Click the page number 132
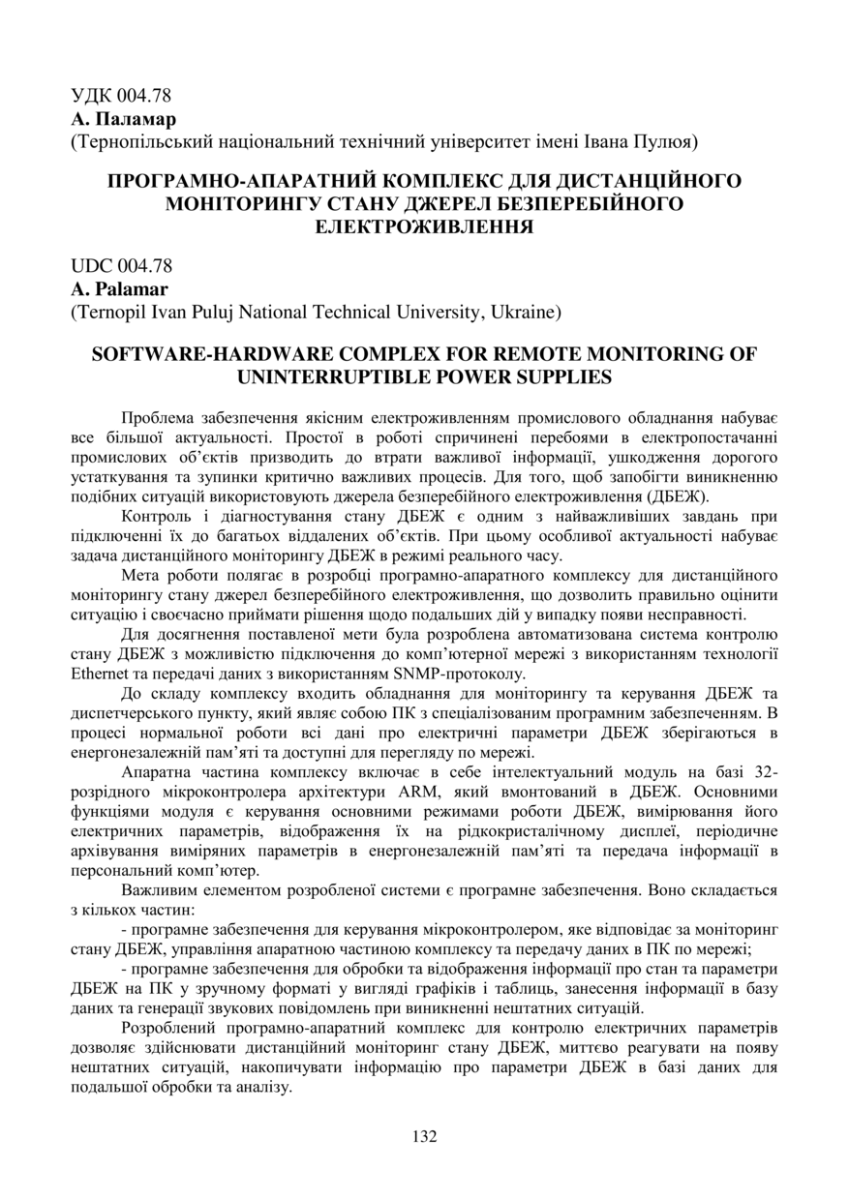(x=424, y=1135)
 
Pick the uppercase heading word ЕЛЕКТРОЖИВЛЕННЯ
(x=424, y=226)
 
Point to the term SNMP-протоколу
(x=468, y=673)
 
